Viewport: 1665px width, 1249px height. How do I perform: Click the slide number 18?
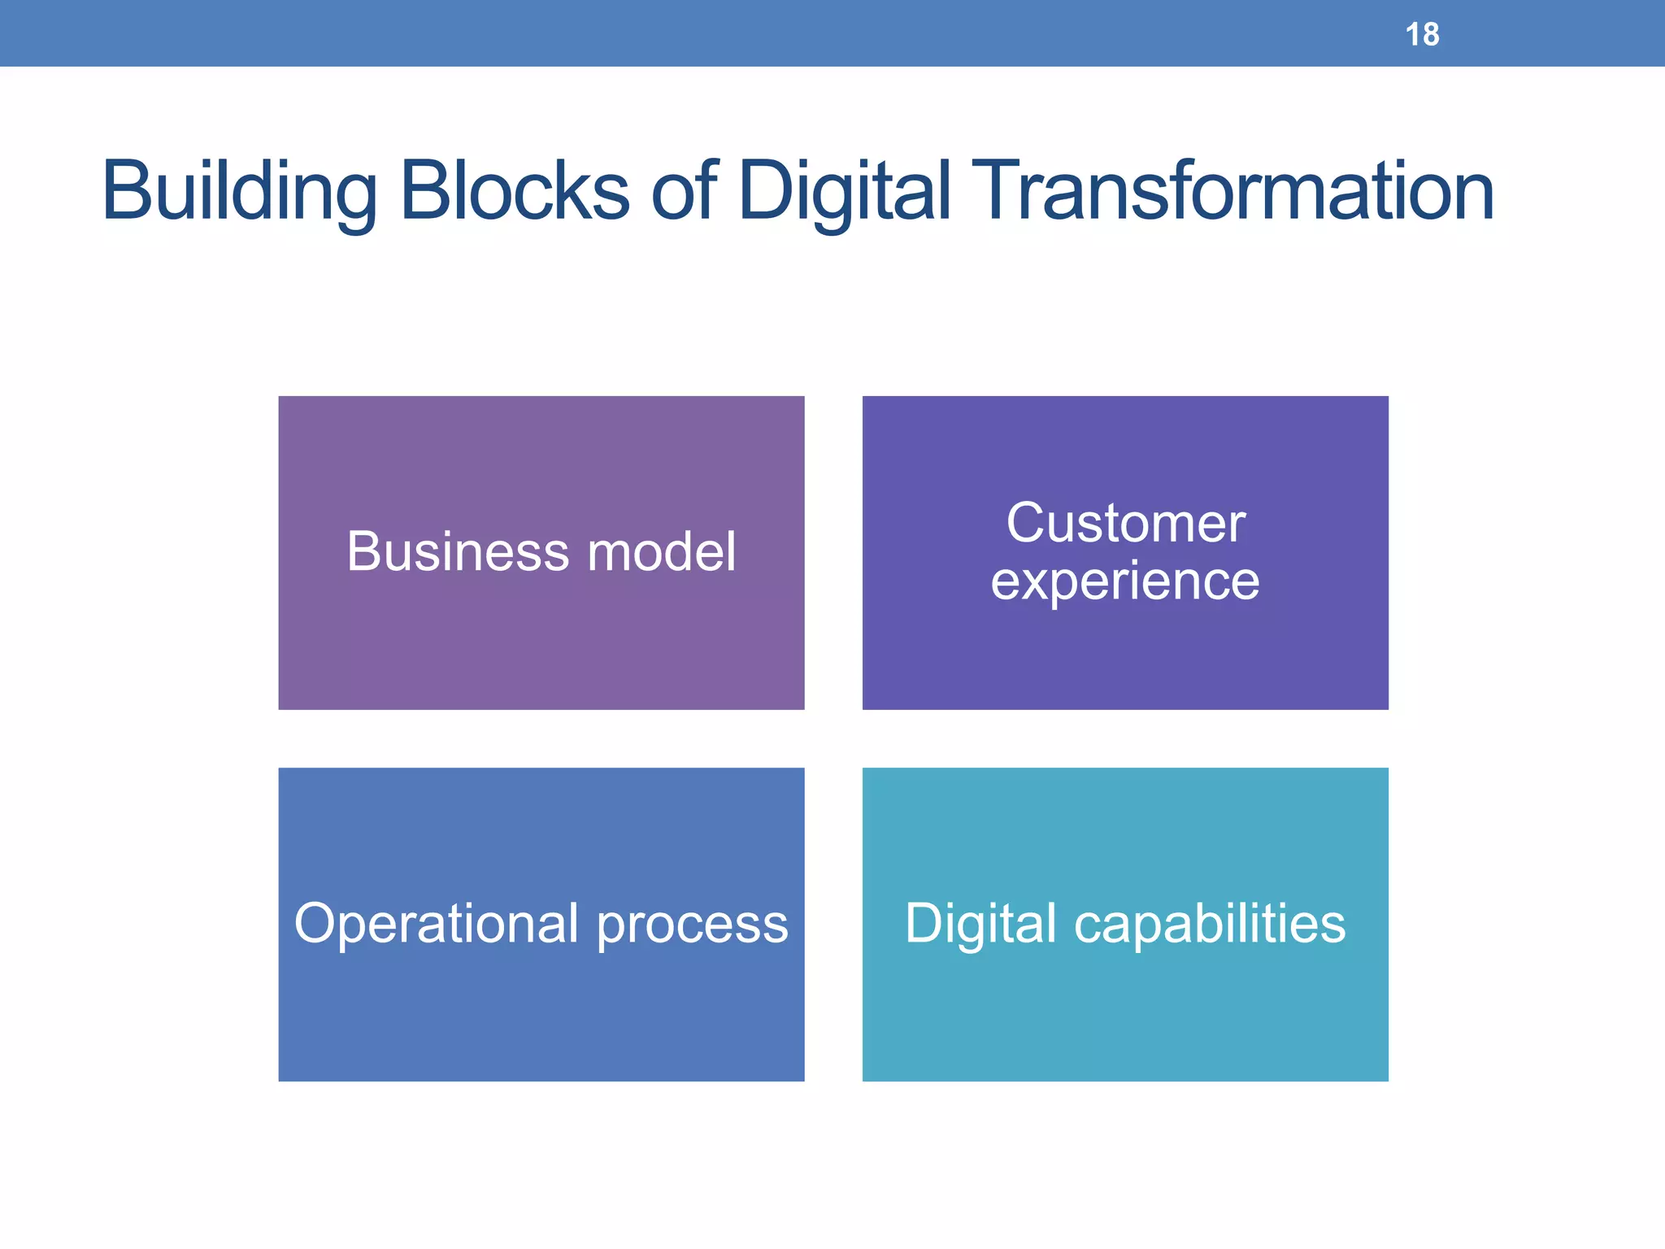point(1422,35)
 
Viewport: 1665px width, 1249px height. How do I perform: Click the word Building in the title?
point(239,192)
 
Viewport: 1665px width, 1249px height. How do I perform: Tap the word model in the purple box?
point(662,551)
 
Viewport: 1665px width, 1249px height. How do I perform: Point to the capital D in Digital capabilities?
point(928,923)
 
